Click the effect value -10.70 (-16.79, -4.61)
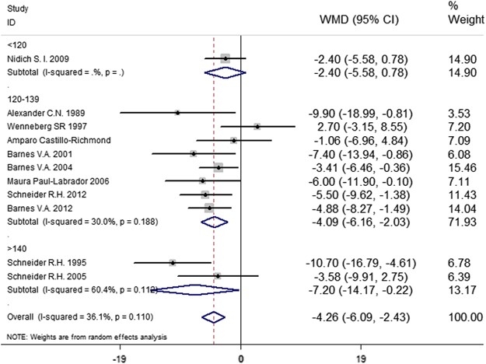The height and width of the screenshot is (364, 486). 363,262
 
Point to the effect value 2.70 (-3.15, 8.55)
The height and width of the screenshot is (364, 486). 363,126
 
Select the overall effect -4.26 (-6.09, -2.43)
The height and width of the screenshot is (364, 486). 363,317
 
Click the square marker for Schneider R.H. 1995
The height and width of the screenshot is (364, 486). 173,262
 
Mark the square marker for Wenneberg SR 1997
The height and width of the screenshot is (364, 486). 257,126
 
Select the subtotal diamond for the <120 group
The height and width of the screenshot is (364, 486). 225,72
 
